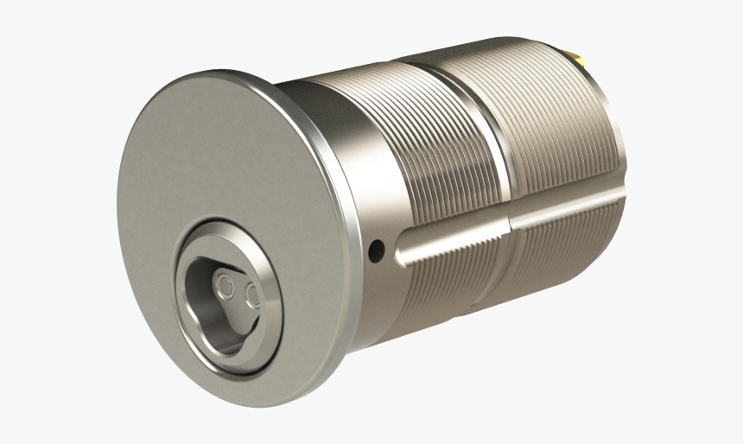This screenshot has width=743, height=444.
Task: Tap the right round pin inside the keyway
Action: pyautogui.click(x=253, y=296)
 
